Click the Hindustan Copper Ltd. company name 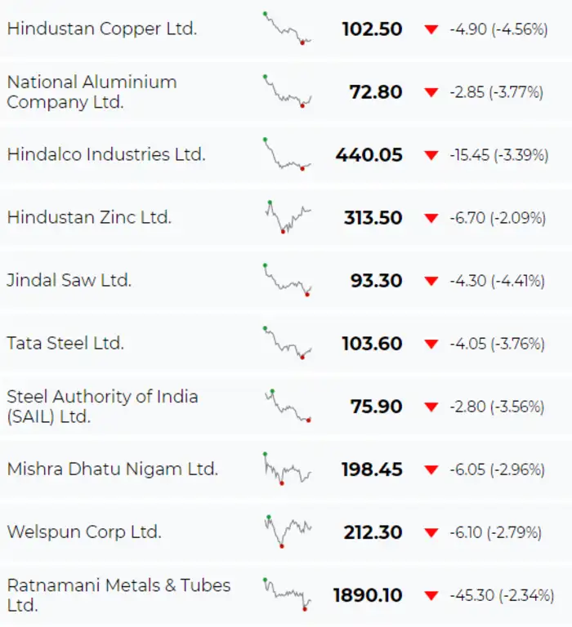point(102,29)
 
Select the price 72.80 point(376,92)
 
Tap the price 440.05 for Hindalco point(369,154)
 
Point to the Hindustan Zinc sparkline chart point(288,217)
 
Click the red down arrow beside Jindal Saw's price point(431,281)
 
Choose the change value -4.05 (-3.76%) point(497,344)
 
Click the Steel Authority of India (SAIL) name point(102,407)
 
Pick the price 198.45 point(372,469)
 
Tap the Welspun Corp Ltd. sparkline point(288,531)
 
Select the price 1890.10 point(368,595)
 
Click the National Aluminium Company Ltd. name point(92,92)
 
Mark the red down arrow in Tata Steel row point(431,344)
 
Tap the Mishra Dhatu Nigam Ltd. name point(113,469)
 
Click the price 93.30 point(376,281)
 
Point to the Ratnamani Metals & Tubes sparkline point(288,594)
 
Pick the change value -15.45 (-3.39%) point(498,155)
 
